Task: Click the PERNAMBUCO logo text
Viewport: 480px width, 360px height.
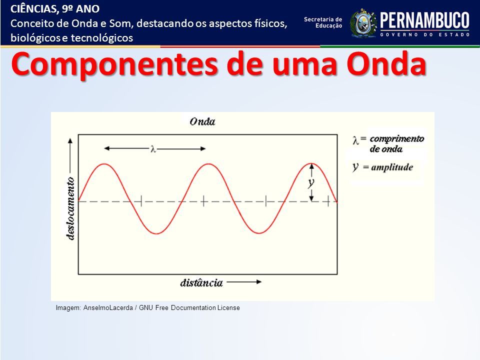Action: [424, 20]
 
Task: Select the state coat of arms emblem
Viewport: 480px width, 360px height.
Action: [363, 23]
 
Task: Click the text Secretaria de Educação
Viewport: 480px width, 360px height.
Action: [323, 22]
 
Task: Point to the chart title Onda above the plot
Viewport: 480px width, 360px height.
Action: [202, 121]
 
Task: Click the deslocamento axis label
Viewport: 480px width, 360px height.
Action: [70, 208]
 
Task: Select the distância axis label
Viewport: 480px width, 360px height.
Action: [201, 283]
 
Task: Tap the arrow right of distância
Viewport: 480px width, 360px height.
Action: [244, 282]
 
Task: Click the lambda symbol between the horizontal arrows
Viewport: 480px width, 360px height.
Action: [153, 149]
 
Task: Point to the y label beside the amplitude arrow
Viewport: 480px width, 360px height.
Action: [310, 183]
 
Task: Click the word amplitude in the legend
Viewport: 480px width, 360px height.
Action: [392, 167]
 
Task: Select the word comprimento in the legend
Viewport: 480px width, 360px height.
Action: [396, 139]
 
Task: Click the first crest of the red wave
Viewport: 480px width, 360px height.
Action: [104, 164]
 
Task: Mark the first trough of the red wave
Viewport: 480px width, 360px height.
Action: [156, 233]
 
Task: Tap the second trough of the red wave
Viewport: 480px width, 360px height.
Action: [259, 233]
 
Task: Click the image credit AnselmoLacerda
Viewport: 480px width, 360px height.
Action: [108, 308]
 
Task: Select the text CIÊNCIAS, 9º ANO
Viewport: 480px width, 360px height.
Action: [55, 8]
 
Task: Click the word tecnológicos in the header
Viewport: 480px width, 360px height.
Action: [102, 38]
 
